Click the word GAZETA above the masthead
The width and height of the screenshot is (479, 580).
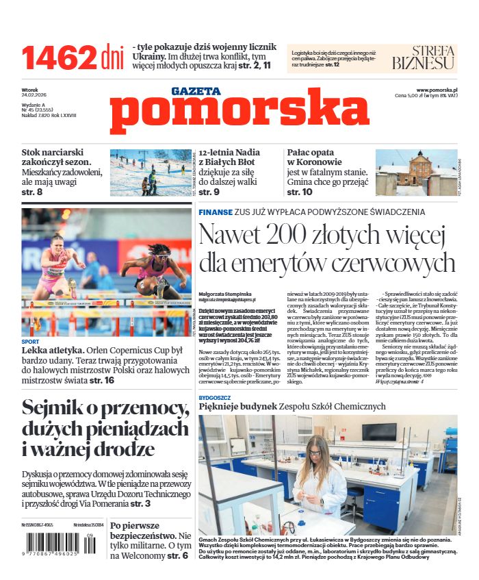[x=196, y=90]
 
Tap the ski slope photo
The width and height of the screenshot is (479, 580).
[x=151, y=173]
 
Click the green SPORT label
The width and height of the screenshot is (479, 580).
[x=30, y=341]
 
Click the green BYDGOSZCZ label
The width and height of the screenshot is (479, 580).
[x=218, y=396]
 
